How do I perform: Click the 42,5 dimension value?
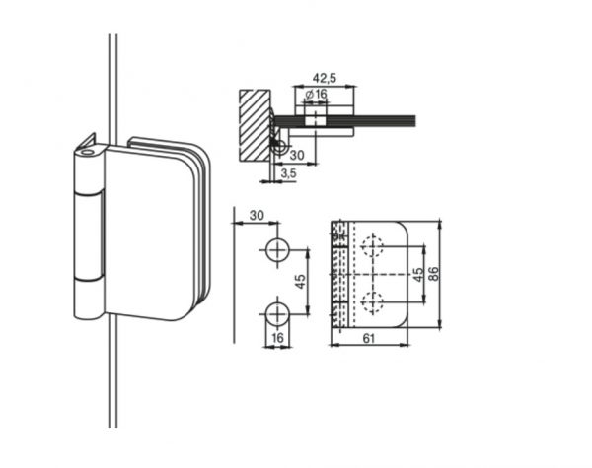pyautogui.click(x=325, y=78)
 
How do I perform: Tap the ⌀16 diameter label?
pyautogui.click(x=316, y=94)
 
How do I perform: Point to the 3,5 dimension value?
pyautogui.click(x=289, y=173)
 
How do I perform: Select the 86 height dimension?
pyautogui.click(x=434, y=273)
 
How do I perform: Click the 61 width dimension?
pyautogui.click(x=368, y=338)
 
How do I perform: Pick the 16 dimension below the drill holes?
pyautogui.click(x=277, y=338)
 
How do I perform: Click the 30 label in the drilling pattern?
pyautogui.click(x=257, y=216)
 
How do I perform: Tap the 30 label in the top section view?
pyautogui.click(x=297, y=155)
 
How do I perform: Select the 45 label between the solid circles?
pyautogui.click(x=300, y=282)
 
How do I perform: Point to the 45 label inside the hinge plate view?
pyautogui.click(x=418, y=275)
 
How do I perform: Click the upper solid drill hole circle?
pyautogui.click(x=277, y=250)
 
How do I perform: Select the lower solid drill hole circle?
pyautogui.click(x=277, y=314)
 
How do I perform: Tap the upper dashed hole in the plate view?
pyautogui.click(x=373, y=246)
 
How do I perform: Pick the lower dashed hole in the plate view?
pyautogui.click(x=373, y=302)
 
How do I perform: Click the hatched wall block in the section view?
pyautogui.click(x=255, y=125)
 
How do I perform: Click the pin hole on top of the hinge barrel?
pyautogui.click(x=88, y=153)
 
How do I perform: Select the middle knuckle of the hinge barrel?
pyautogui.click(x=88, y=236)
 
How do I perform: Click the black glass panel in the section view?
pyautogui.click(x=344, y=120)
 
